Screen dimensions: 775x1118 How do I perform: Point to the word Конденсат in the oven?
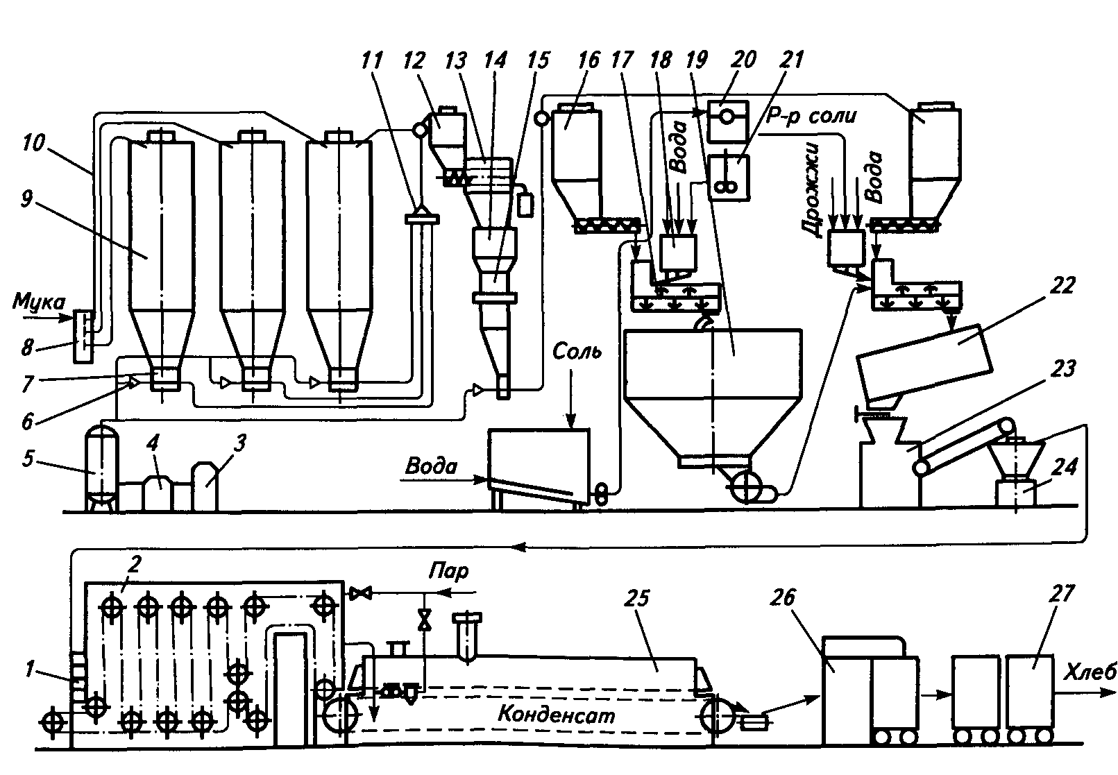(557, 715)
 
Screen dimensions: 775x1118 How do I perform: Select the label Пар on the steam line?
(449, 572)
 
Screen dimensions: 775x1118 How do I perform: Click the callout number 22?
(1060, 285)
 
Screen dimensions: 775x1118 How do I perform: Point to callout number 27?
(1062, 595)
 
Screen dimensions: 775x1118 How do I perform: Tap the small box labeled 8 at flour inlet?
(81, 337)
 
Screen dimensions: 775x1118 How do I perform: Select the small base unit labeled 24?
(1015, 494)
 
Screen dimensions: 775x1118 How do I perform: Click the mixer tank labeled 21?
(728, 178)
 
